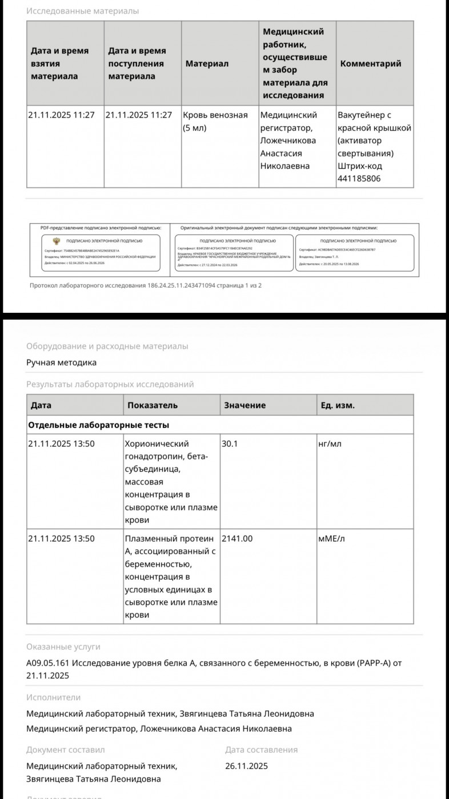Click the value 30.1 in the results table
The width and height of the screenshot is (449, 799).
click(x=230, y=443)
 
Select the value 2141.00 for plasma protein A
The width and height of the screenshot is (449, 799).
click(x=236, y=538)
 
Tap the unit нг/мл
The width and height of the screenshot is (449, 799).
click(x=330, y=443)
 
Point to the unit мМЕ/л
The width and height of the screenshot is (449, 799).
click(x=331, y=538)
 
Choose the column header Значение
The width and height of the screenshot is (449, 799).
click(x=244, y=405)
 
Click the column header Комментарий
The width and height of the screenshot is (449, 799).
click(x=371, y=63)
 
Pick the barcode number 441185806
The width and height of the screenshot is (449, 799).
click(x=360, y=179)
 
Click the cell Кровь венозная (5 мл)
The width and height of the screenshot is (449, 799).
click(x=215, y=121)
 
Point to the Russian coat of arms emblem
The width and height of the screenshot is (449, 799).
click(x=56, y=241)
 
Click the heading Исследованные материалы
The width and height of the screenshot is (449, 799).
click(x=82, y=11)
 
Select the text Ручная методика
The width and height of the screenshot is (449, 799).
click(x=61, y=362)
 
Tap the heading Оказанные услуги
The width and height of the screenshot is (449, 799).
click(x=63, y=647)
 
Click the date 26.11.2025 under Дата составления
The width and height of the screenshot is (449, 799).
click(x=246, y=766)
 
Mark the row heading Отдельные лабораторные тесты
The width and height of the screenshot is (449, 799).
click(x=98, y=425)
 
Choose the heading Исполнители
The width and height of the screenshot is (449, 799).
click(x=53, y=697)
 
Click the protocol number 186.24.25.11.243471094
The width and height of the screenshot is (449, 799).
click(x=181, y=285)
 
